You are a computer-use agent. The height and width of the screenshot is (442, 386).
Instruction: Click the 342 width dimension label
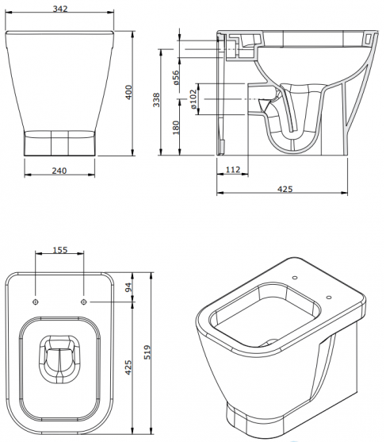[60, 9]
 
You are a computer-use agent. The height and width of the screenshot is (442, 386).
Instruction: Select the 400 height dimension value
[128, 92]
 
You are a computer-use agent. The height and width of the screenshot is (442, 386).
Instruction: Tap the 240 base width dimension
[59, 171]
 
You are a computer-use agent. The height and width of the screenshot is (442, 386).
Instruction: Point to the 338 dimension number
[156, 100]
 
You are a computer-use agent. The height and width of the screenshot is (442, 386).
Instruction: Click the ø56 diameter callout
[176, 78]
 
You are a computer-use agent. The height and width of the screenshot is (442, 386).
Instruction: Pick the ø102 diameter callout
[193, 99]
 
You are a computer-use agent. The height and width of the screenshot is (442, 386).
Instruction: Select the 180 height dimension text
[176, 128]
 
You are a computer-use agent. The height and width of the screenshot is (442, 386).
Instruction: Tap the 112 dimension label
[233, 170]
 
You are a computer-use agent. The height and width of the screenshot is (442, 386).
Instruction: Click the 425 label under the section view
[285, 189]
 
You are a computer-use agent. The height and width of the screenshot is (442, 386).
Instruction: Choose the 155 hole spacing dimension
[60, 250]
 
